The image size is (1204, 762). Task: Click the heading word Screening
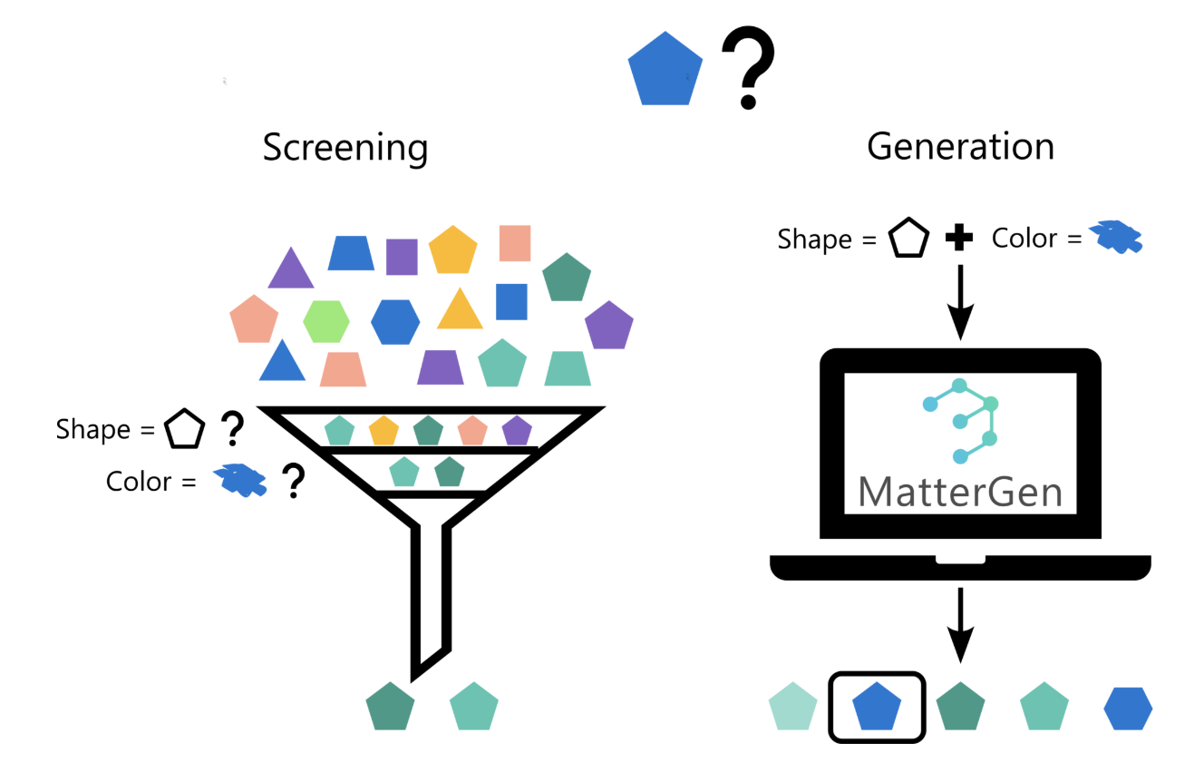tap(345, 147)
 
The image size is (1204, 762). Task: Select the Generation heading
tap(960, 145)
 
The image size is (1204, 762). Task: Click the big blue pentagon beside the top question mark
tap(665, 70)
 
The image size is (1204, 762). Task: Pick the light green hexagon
tap(326, 321)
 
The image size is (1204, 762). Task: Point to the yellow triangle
tap(460, 310)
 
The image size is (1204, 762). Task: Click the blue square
tap(511, 301)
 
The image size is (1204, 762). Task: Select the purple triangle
tap(290, 269)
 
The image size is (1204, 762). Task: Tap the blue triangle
tap(282, 363)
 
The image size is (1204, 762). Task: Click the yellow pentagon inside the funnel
tap(384, 430)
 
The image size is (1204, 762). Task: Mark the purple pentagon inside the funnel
tap(517, 430)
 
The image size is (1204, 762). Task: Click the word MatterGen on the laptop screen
tap(960, 492)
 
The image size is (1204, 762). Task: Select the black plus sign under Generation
tap(958, 239)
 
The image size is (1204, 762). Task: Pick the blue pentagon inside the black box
tap(877, 707)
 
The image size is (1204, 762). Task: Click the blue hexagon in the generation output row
tap(1128, 708)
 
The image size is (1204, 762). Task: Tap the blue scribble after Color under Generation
tap(1115, 237)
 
